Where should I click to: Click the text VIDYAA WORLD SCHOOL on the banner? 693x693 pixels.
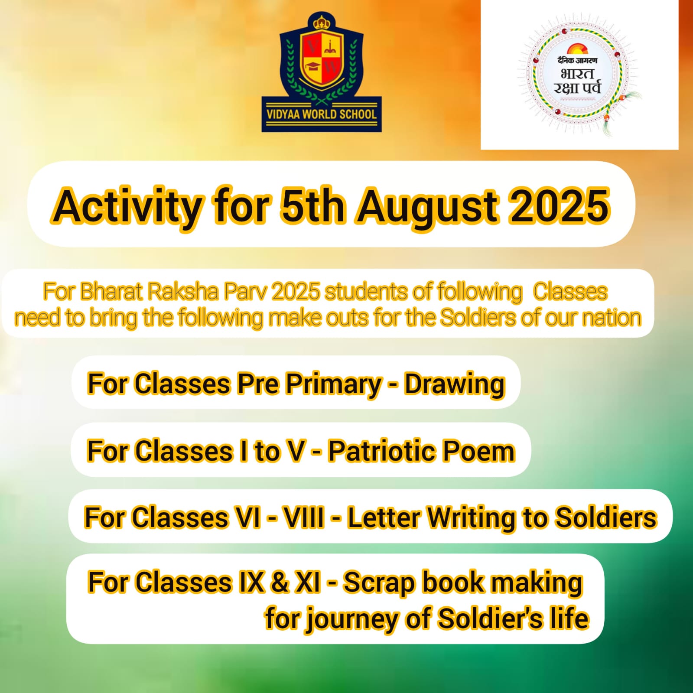pos(322,114)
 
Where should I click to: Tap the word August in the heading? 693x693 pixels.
pos(427,207)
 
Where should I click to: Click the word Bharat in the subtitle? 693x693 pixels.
pos(111,292)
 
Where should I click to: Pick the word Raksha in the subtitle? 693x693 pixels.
pos(183,292)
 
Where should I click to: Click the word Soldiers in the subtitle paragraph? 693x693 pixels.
pos(477,318)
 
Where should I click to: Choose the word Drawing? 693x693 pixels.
pos(455,385)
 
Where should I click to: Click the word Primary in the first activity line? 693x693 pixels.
pos(333,385)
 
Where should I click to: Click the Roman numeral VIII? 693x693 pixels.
pos(304,517)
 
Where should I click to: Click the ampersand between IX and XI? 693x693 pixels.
pos(280,582)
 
